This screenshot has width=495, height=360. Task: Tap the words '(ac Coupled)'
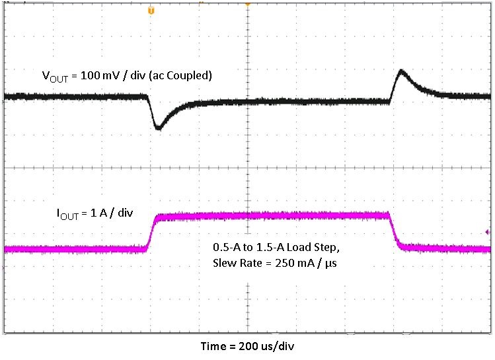(181, 75)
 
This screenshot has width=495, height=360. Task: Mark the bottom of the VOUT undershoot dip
(158, 127)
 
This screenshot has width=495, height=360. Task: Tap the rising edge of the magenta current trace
(151, 231)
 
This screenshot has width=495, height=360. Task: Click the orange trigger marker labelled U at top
(151, 11)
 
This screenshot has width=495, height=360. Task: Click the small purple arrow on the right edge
(488, 232)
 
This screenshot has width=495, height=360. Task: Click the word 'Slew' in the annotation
(223, 264)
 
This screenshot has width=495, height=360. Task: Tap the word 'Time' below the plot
(213, 346)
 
